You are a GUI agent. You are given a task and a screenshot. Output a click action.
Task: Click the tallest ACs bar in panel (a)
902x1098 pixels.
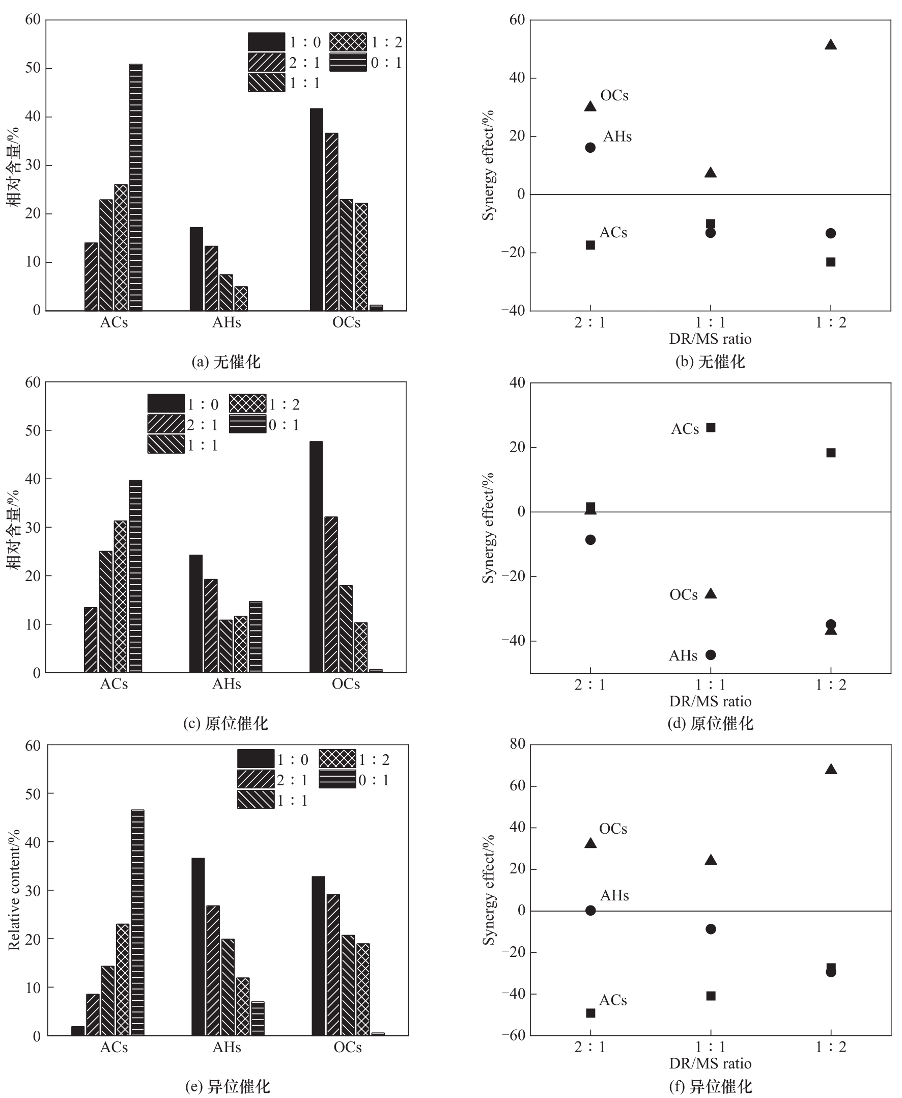tap(135, 187)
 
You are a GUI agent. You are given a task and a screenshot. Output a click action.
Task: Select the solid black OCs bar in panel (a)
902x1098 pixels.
tap(316, 209)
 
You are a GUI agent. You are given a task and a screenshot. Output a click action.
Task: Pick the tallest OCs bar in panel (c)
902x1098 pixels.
tap(316, 557)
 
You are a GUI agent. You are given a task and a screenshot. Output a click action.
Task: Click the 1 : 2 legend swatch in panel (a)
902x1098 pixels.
tap(348, 42)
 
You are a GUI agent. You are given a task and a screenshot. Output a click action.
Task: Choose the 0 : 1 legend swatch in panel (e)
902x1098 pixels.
tap(337, 780)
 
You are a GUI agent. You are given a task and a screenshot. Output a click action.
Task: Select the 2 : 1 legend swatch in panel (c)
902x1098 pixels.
tap(166, 424)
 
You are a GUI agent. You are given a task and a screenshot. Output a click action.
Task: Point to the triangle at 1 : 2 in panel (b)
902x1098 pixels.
tap(830, 45)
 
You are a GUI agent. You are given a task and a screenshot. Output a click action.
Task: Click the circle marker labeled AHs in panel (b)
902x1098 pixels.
tap(590, 148)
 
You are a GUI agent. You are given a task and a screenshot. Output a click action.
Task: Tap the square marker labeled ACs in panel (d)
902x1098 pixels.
tap(710, 428)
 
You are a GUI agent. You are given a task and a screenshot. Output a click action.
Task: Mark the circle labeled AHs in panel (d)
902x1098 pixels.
tap(710, 655)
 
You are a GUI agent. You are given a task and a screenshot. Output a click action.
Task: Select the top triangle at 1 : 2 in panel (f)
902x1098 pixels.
tap(830, 770)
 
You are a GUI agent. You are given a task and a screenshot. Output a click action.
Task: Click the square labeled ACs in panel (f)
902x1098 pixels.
tap(590, 1013)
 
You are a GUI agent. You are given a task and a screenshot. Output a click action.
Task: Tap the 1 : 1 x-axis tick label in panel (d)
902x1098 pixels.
tap(710, 684)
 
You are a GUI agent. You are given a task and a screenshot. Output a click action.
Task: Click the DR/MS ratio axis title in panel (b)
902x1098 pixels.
tap(710, 339)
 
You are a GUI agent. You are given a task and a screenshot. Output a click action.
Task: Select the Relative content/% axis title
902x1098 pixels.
tap(14, 890)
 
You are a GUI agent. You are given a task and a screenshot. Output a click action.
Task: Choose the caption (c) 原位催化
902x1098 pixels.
tap(226, 723)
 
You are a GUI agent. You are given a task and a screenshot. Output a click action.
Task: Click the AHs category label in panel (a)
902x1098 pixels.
tap(227, 322)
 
